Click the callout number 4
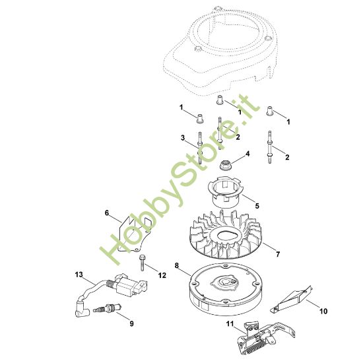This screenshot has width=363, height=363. (247, 154)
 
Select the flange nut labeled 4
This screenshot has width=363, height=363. (224, 164)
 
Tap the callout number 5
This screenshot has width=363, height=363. (257, 206)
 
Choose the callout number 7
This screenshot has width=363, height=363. (278, 254)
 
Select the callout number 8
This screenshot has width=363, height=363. (177, 265)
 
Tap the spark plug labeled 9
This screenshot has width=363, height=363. (108, 308)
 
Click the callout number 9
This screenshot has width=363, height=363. (131, 323)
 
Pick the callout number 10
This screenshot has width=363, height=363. (323, 311)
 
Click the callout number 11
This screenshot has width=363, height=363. (230, 323)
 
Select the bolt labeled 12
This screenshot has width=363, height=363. (141, 263)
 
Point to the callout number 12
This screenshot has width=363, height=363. (162, 275)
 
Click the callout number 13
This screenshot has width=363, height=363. (79, 275)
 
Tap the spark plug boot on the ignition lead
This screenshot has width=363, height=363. (81, 308)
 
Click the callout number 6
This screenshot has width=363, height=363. (106, 213)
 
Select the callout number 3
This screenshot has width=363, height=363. (183, 138)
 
